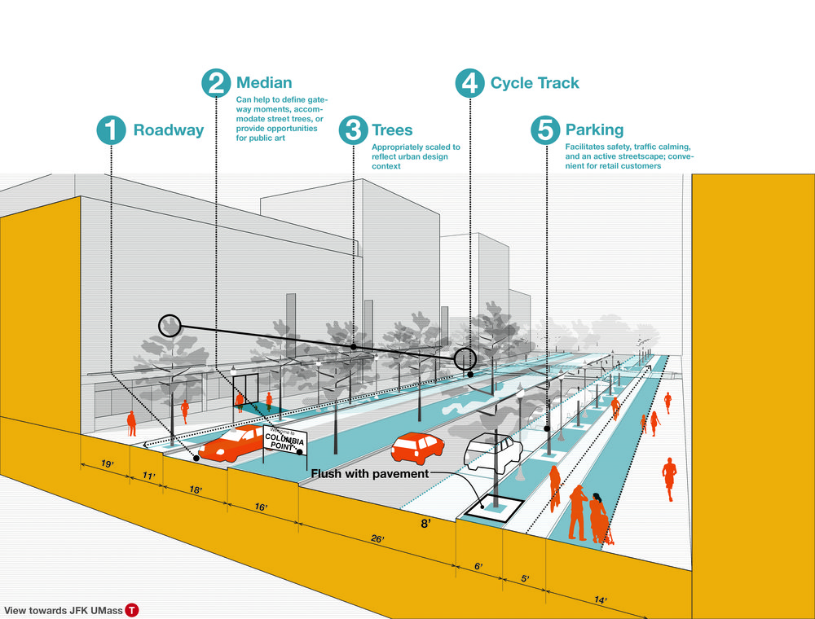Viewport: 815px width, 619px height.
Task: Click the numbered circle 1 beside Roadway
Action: [111, 130]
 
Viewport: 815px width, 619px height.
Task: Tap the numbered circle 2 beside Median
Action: [216, 83]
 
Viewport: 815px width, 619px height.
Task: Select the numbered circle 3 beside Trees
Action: [354, 130]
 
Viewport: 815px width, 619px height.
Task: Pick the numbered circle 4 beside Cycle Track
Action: [470, 83]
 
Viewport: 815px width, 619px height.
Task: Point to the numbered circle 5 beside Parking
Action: [545, 130]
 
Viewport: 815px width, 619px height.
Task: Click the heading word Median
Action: [264, 82]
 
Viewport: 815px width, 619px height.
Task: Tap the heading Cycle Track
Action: [535, 83]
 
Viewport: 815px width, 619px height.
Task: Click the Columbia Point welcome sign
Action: [284, 441]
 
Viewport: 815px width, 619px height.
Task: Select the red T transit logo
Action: [132, 610]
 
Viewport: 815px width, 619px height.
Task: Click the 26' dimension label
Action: [378, 539]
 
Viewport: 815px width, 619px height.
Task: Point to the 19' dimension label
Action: [107, 463]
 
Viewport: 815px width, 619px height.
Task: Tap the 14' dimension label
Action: [601, 600]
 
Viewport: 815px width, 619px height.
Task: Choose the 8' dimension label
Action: [425, 524]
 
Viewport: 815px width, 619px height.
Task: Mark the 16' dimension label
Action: [261, 507]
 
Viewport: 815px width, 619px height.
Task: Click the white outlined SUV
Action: [493, 453]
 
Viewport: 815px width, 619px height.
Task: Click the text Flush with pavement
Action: [370, 473]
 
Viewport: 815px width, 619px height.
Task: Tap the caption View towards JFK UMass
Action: [64, 611]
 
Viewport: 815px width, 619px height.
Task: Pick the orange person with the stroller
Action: [599, 518]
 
